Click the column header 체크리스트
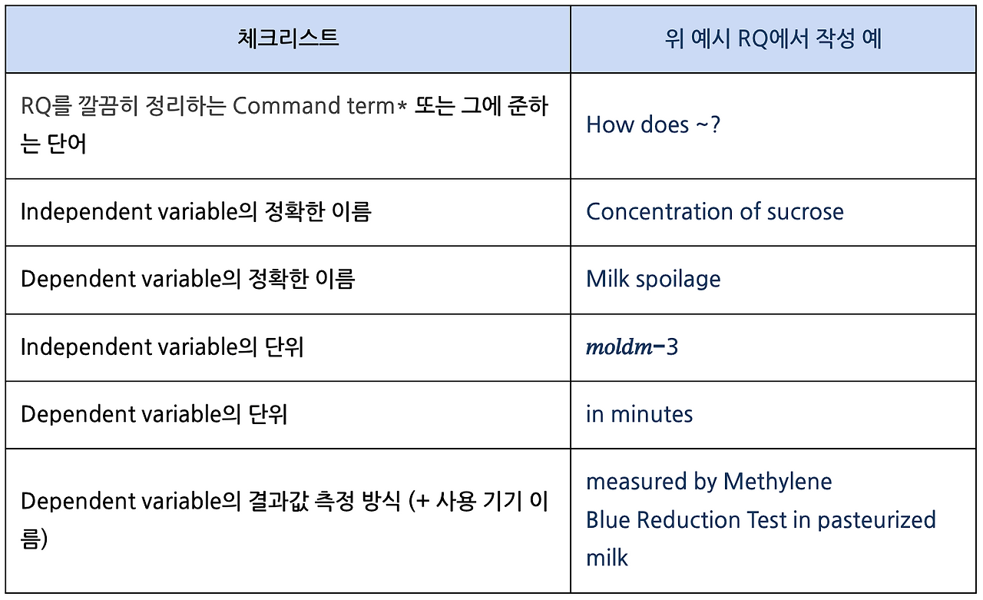tap(288, 38)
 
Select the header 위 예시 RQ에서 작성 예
tap(773, 38)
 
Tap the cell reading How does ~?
tap(653, 124)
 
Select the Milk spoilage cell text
tap(653, 278)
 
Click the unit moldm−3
tap(631, 347)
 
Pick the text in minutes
tap(639, 414)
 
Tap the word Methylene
tap(777, 482)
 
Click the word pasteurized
tap(876, 520)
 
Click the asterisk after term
tap(401, 106)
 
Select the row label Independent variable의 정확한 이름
tap(196, 211)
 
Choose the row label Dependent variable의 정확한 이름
tap(187, 278)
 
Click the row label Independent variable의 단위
tap(162, 347)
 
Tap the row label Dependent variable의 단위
tap(154, 414)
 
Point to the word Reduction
tap(690, 520)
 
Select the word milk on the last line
tap(607, 557)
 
